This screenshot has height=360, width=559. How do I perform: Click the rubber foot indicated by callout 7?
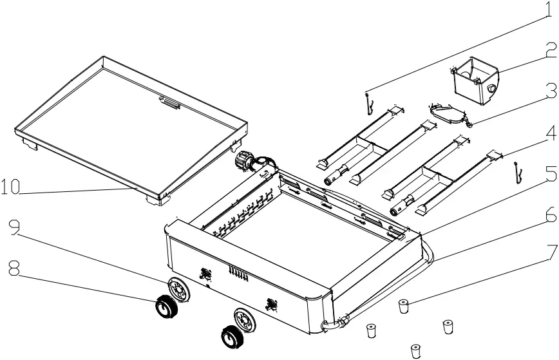404,305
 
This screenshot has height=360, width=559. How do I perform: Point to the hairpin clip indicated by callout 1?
367,103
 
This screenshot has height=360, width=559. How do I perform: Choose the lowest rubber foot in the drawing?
415,350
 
